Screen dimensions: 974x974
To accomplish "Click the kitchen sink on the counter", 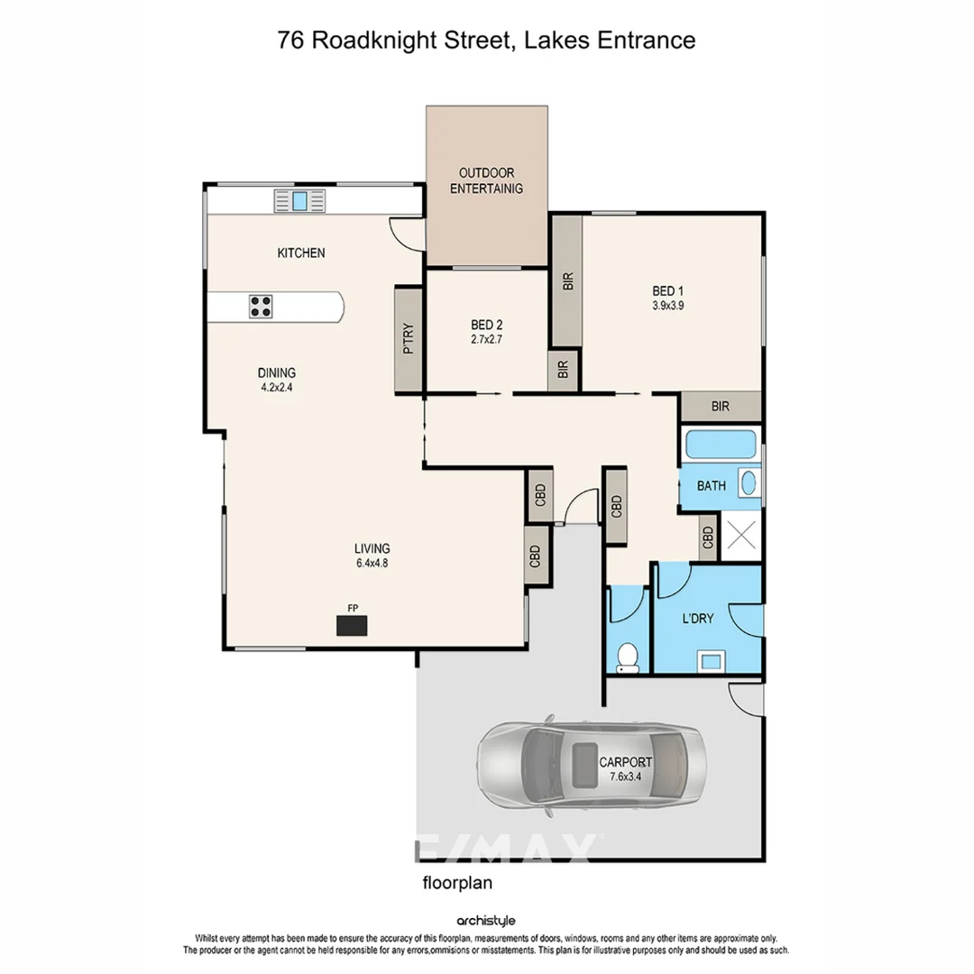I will click(x=300, y=200).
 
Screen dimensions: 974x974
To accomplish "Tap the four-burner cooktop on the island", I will click(x=261, y=307).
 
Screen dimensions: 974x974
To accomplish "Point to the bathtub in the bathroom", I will click(x=721, y=446).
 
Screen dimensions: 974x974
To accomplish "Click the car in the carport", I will click(x=587, y=763).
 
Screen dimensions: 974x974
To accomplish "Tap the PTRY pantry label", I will click(x=409, y=340).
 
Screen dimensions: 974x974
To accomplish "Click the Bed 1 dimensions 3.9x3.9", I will click(x=668, y=305).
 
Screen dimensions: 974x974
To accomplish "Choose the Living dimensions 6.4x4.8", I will click(x=372, y=564).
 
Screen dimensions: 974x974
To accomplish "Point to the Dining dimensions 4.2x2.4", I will click(x=276, y=387).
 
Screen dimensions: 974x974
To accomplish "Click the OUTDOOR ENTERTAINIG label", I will click(x=486, y=180).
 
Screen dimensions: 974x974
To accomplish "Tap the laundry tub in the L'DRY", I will click(x=711, y=661).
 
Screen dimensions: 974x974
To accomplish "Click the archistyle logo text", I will click(x=486, y=921).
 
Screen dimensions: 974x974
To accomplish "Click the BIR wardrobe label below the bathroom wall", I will click(x=720, y=407).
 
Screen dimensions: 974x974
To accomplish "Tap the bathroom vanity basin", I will click(x=749, y=484).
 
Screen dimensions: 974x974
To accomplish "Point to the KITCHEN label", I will click(x=300, y=253).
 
